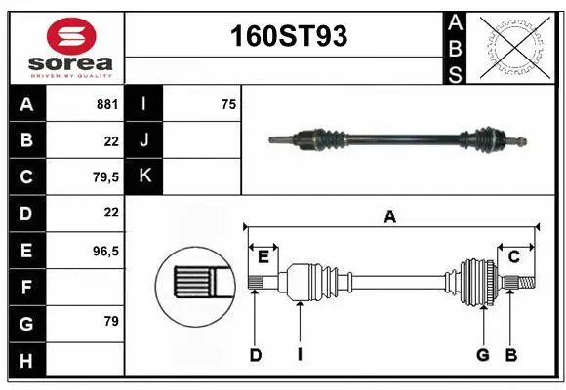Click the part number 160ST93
[287, 36]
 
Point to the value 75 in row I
[228, 103]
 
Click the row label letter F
[26, 288]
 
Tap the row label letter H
[26, 361]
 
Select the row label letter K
[144, 176]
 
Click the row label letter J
[144, 140]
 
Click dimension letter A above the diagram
[389, 217]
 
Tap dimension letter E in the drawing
[263, 255]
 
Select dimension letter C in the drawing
[513, 255]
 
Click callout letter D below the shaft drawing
[255, 355]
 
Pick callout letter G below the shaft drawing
[482, 355]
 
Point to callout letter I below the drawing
[299, 355]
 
